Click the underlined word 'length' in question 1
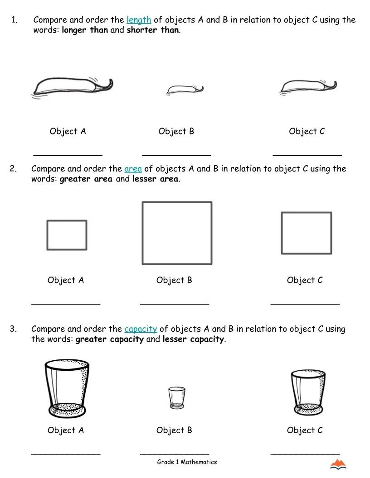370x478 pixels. click(x=138, y=20)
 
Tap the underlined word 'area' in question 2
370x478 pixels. click(x=133, y=169)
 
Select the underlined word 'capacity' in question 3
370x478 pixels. click(x=141, y=329)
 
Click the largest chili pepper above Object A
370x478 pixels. click(x=73, y=86)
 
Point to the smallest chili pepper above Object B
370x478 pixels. click(x=184, y=89)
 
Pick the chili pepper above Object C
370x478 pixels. click(x=308, y=86)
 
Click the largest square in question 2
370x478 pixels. click(x=177, y=233)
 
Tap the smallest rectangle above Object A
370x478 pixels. click(x=67, y=235)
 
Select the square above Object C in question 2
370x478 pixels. click(x=306, y=233)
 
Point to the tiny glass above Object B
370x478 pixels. click(x=177, y=397)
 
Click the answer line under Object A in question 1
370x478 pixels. click(x=68, y=154)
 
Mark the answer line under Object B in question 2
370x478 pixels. click(x=175, y=303)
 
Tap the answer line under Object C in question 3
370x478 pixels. click(x=305, y=453)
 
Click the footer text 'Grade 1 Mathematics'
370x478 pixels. click(x=187, y=462)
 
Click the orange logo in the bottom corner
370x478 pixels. click(x=338, y=464)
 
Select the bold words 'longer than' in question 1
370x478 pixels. click(x=85, y=31)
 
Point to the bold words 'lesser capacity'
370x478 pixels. click(x=193, y=339)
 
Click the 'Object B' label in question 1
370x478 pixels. click(x=176, y=131)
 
